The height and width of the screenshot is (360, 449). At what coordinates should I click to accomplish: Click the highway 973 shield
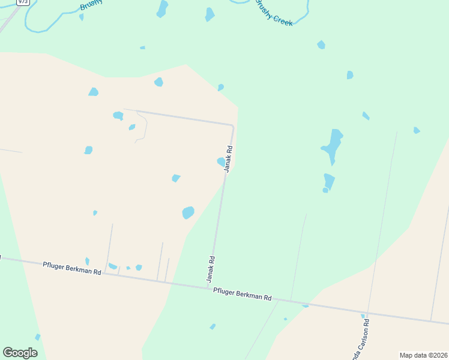click(23, 2)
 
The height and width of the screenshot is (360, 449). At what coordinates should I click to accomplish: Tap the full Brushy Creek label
click(274, 13)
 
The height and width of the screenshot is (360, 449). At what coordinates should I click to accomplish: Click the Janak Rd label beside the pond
click(228, 159)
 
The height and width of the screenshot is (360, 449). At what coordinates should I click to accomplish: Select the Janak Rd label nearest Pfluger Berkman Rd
click(211, 270)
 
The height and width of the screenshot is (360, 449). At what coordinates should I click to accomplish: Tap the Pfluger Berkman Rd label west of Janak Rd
click(72, 268)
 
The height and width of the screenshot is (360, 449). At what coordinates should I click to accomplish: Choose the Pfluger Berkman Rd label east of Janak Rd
click(243, 295)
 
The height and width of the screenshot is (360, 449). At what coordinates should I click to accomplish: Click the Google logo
click(20, 353)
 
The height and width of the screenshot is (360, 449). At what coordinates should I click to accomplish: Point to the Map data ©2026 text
click(423, 355)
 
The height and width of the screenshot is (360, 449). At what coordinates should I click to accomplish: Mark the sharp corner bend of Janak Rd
click(232, 125)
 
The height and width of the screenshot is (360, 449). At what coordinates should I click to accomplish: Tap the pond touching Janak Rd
click(221, 161)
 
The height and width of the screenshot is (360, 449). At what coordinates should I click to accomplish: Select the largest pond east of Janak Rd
click(333, 146)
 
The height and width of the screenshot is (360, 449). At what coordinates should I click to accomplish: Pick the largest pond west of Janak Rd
click(188, 212)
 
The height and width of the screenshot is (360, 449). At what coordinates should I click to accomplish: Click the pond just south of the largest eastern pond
click(328, 182)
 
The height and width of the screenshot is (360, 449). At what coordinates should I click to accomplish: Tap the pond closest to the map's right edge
click(416, 130)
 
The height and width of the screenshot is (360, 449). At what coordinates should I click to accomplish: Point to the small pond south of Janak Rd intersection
click(212, 326)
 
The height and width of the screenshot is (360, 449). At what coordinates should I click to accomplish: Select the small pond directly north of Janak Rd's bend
click(221, 87)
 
